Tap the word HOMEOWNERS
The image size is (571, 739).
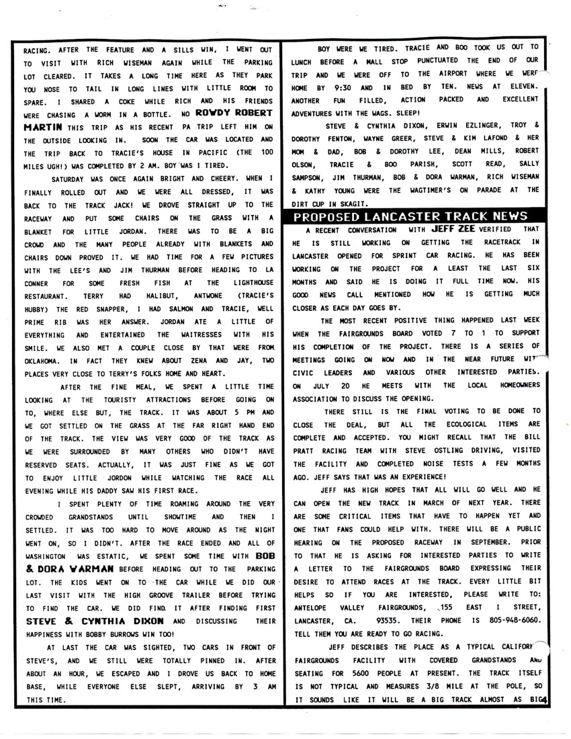click(x=513, y=386)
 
